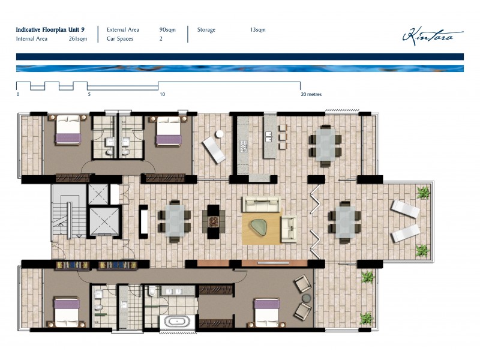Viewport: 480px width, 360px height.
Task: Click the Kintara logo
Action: tap(432, 35)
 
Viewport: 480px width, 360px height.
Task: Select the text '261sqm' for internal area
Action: tap(78, 39)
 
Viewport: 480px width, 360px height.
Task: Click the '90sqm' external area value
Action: tap(167, 29)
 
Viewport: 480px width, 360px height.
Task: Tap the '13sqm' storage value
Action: tap(258, 29)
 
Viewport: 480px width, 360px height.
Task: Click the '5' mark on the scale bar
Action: tap(89, 94)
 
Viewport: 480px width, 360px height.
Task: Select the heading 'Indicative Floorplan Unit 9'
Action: tap(54, 29)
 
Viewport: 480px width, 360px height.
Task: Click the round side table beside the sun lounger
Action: tap(220, 133)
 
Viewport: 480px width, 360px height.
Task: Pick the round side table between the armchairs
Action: tap(306, 298)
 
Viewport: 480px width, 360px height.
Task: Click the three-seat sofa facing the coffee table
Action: tap(261, 203)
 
